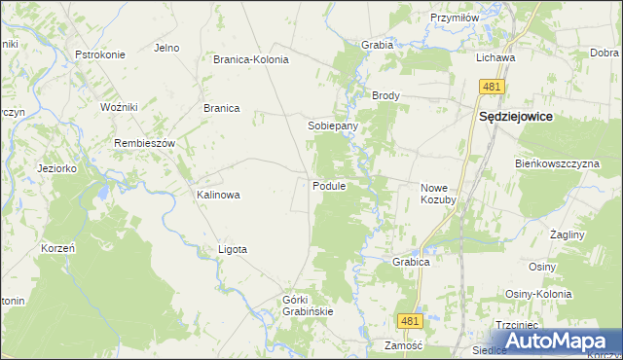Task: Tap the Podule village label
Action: [330, 186]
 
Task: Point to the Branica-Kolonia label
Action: [251, 59]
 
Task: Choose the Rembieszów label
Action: [144, 143]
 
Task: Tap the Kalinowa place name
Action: [218, 195]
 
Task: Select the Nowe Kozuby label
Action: [438, 193]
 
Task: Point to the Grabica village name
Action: [412, 262]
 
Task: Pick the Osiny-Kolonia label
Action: [536, 294]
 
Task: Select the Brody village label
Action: [386, 96]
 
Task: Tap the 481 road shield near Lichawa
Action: [491, 88]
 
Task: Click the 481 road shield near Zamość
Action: [409, 320]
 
